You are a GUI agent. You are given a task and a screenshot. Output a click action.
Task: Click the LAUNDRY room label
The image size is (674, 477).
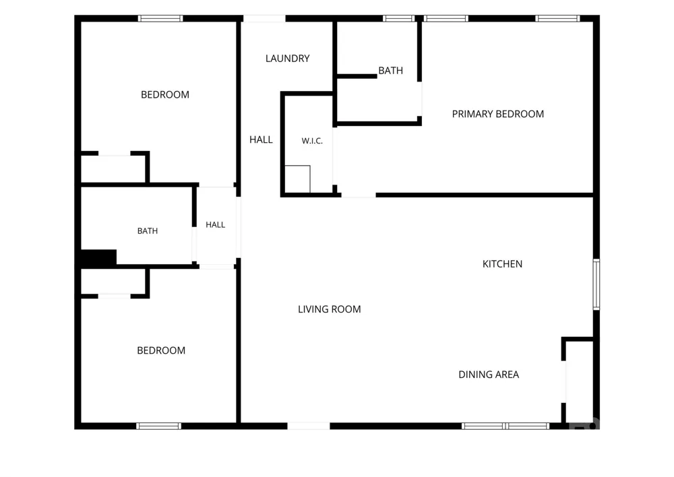(288, 59)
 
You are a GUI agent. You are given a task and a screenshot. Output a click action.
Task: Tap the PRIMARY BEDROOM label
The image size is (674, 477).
(498, 114)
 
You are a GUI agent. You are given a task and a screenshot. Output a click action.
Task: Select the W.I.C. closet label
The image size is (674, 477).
(312, 141)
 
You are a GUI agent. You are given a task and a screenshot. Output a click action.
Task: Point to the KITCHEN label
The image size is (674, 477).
(503, 264)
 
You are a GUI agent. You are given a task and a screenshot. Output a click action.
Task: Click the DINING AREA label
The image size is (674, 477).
(489, 375)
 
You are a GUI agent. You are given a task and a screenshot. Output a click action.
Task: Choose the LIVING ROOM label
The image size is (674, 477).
(330, 309)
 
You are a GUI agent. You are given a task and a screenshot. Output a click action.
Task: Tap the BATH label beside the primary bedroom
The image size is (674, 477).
(391, 71)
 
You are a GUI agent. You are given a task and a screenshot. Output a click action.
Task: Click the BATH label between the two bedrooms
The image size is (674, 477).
(148, 231)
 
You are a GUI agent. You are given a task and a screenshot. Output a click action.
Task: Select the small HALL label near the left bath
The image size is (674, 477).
(216, 225)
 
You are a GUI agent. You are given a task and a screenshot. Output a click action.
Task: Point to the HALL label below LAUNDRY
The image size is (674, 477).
(261, 139)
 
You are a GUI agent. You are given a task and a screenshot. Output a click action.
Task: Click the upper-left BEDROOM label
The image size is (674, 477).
(165, 94)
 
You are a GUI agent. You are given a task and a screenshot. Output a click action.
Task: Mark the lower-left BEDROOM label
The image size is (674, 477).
(161, 350)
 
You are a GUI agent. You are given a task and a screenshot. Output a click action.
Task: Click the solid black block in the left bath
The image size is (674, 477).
(98, 257)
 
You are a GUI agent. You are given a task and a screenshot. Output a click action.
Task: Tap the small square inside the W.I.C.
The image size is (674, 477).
(297, 179)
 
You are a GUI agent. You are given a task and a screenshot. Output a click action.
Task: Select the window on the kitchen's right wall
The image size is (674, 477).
(596, 284)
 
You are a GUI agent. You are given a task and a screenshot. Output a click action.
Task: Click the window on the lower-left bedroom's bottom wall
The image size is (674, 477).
(158, 426)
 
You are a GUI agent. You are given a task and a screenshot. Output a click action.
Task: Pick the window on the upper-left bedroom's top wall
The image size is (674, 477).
(160, 18)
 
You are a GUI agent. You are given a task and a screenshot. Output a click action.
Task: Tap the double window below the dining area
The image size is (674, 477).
(506, 426)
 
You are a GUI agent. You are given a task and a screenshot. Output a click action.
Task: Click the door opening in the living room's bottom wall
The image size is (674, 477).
(309, 426)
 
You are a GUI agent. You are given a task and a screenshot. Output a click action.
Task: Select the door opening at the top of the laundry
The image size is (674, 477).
(264, 18)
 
